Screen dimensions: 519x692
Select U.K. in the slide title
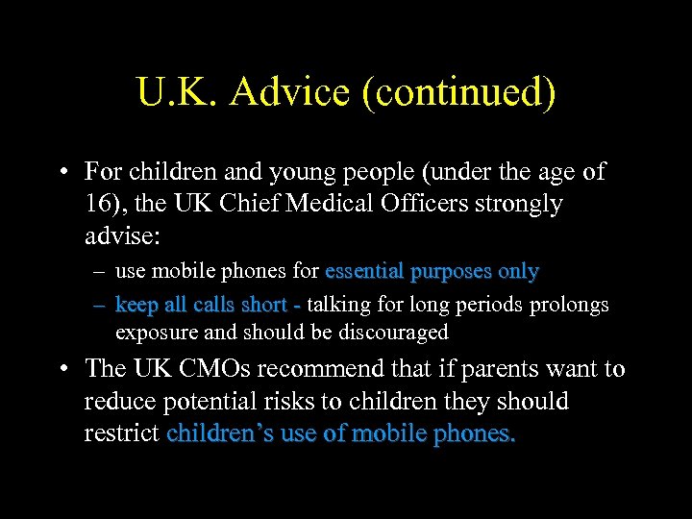pyautogui.click(x=178, y=93)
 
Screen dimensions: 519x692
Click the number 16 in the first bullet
pyautogui.click(x=97, y=204)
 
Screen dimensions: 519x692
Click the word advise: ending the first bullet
pyautogui.click(x=121, y=235)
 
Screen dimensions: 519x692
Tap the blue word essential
pyautogui.click(x=364, y=272)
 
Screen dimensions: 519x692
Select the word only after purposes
pyautogui.click(x=519, y=272)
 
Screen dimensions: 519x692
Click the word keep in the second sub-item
pyautogui.click(x=134, y=305)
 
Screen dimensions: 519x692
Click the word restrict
pyautogui.click(x=122, y=433)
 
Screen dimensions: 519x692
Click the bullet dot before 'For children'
pyautogui.click(x=62, y=172)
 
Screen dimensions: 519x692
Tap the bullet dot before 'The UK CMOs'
pyautogui.click(x=62, y=369)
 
